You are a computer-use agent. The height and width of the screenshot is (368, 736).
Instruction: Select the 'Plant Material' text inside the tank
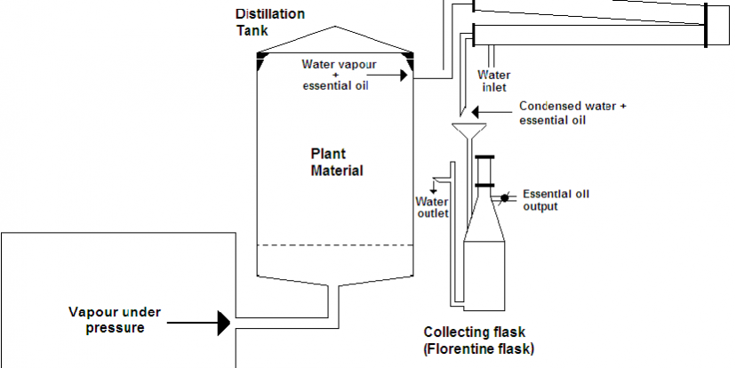click(x=336, y=162)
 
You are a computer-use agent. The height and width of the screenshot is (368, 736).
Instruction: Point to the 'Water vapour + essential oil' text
click(x=336, y=75)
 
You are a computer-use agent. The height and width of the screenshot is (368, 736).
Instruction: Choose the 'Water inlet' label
click(x=494, y=81)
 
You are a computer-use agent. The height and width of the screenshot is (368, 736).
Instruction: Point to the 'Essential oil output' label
click(x=556, y=200)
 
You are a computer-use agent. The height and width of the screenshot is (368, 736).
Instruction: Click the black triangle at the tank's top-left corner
click(x=261, y=60)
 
